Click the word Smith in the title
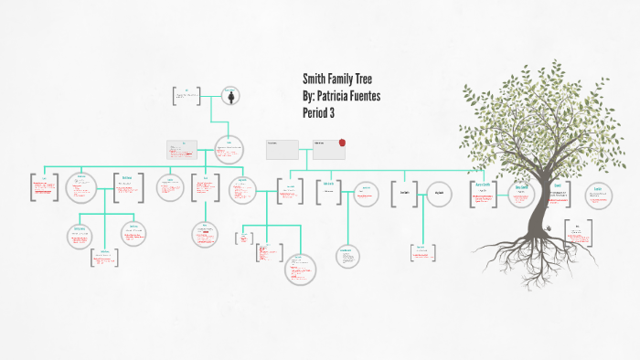[x=314, y=79]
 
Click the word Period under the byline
[x=315, y=111]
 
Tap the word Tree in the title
[x=364, y=79]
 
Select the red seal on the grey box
[x=342, y=143]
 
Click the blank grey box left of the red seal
[x=283, y=149]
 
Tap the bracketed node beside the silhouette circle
[x=187, y=94]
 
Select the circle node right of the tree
[x=597, y=194]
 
